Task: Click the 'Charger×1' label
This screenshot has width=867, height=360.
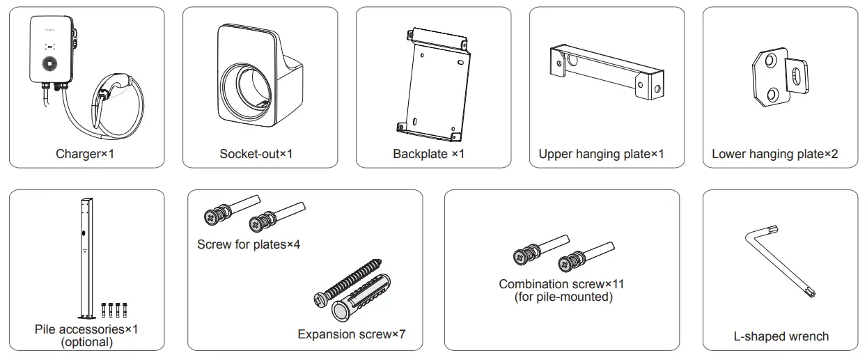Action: point(84,154)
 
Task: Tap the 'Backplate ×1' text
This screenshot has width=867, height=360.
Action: point(428,154)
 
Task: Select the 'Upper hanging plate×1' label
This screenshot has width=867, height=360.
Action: point(601,154)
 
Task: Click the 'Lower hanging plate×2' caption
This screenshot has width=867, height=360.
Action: point(774,154)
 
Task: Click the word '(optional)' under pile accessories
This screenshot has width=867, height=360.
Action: point(86,342)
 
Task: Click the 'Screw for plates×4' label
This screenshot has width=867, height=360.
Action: point(249,244)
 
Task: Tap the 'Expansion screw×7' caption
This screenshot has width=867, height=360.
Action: point(351,334)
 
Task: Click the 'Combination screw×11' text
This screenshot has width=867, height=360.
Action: point(561,284)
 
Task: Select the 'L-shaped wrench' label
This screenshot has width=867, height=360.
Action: point(781,336)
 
